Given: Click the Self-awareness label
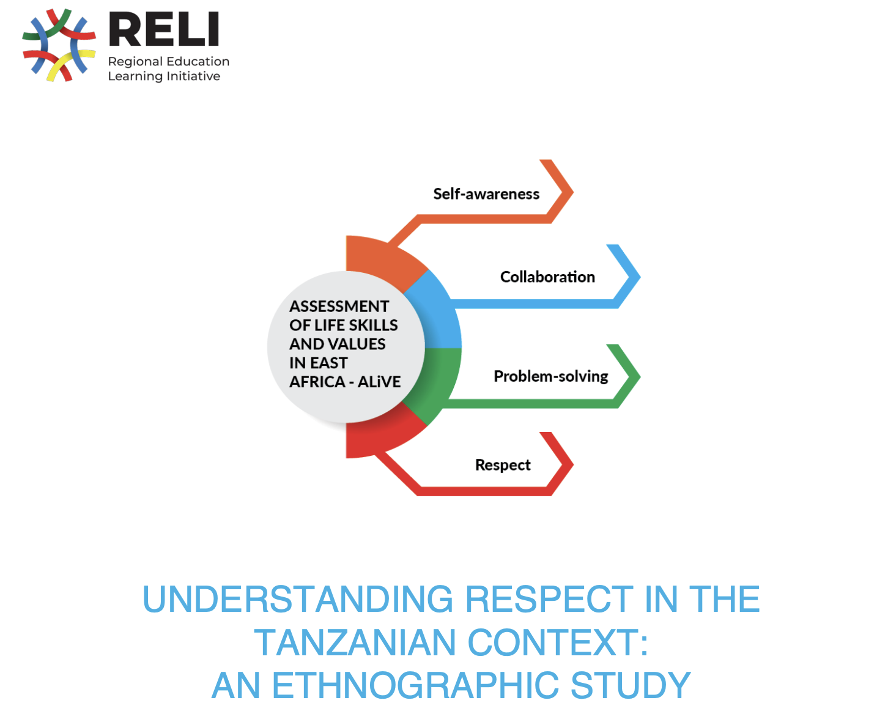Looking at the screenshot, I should coord(486,194).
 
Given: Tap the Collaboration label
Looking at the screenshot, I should coord(547,277).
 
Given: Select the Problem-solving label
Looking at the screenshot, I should coord(550,376).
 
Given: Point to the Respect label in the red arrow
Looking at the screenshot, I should coord(503,465).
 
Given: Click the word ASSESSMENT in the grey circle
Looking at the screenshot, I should coord(339,306).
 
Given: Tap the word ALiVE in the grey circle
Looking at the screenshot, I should coord(379,382).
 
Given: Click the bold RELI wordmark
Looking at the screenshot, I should coord(164,29).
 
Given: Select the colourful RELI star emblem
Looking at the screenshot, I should coord(59,45).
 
